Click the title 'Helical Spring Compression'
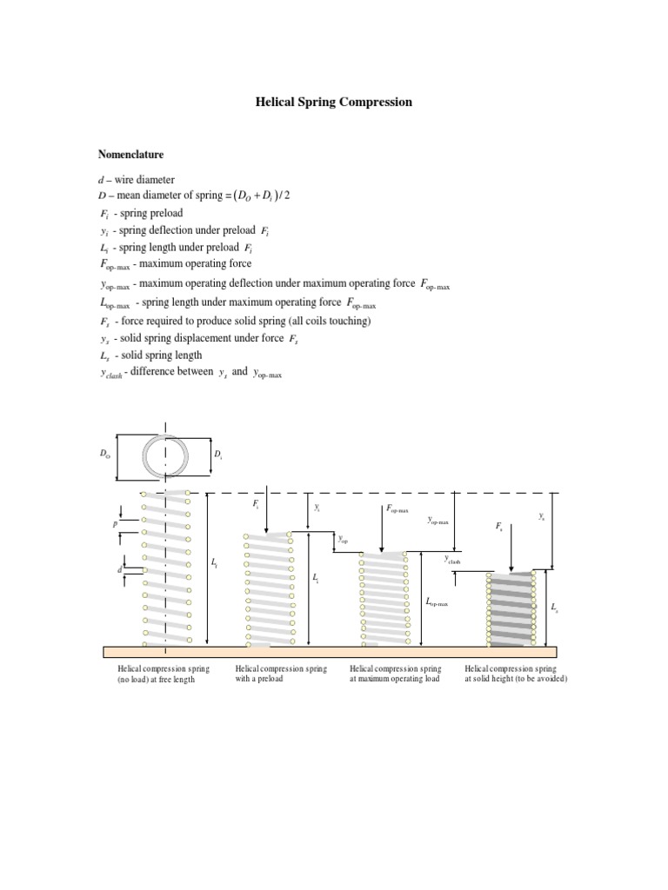pyautogui.click(x=333, y=103)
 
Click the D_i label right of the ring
pyautogui.click(x=217, y=455)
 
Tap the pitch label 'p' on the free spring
pyautogui.click(x=115, y=525)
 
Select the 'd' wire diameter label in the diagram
pyautogui.click(x=119, y=569)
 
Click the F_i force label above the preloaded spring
pyautogui.click(x=256, y=504)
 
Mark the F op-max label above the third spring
pyautogui.click(x=397, y=508)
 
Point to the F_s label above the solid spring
pyautogui.click(x=498, y=527)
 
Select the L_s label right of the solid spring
pyautogui.click(x=555, y=607)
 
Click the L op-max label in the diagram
pyautogui.click(x=436, y=601)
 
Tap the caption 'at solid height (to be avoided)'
pyautogui.click(x=516, y=680)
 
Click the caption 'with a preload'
pyautogui.click(x=260, y=680)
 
